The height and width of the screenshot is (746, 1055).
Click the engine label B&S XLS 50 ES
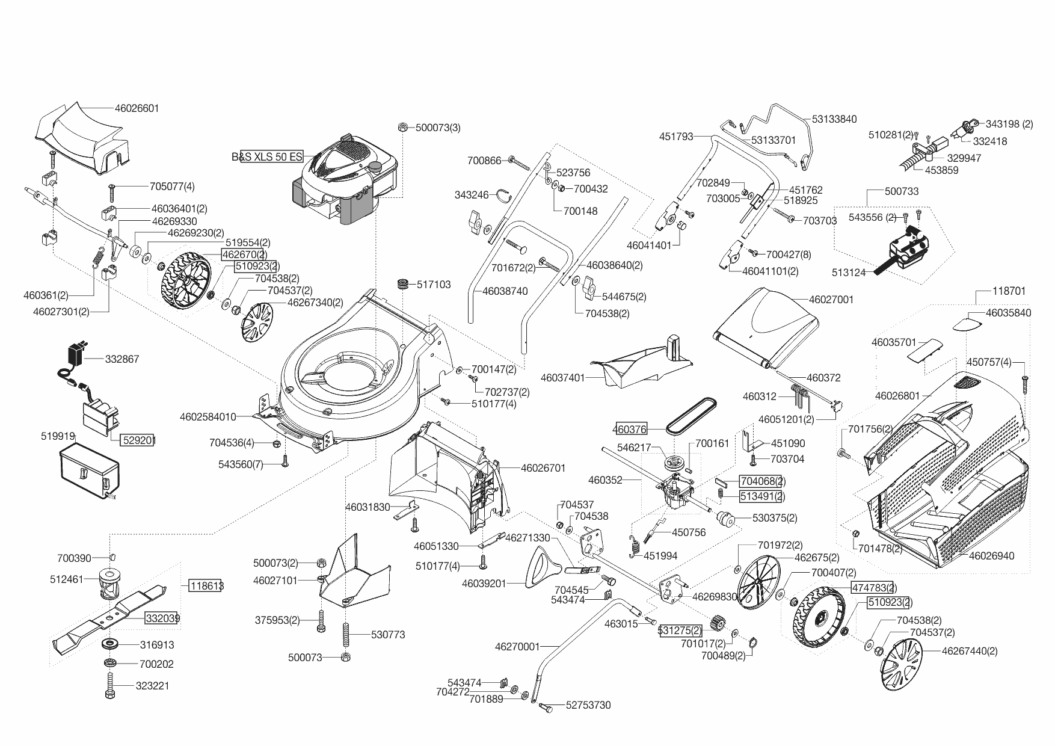(267, 157)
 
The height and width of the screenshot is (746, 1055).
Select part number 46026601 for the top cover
(137, 108)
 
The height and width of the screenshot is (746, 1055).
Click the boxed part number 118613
(206, 585)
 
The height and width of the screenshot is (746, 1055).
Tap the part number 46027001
(831, 300)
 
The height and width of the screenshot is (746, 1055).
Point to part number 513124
(849, 273)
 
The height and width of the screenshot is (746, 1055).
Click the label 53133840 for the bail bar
(834, 119)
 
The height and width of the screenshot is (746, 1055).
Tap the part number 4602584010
(208, 416)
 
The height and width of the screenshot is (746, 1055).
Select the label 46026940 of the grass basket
(991, 556)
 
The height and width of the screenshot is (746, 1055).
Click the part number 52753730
(588, 705)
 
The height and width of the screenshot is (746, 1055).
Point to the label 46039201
(484, 584)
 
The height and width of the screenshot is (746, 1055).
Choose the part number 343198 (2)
(1009, 124)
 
